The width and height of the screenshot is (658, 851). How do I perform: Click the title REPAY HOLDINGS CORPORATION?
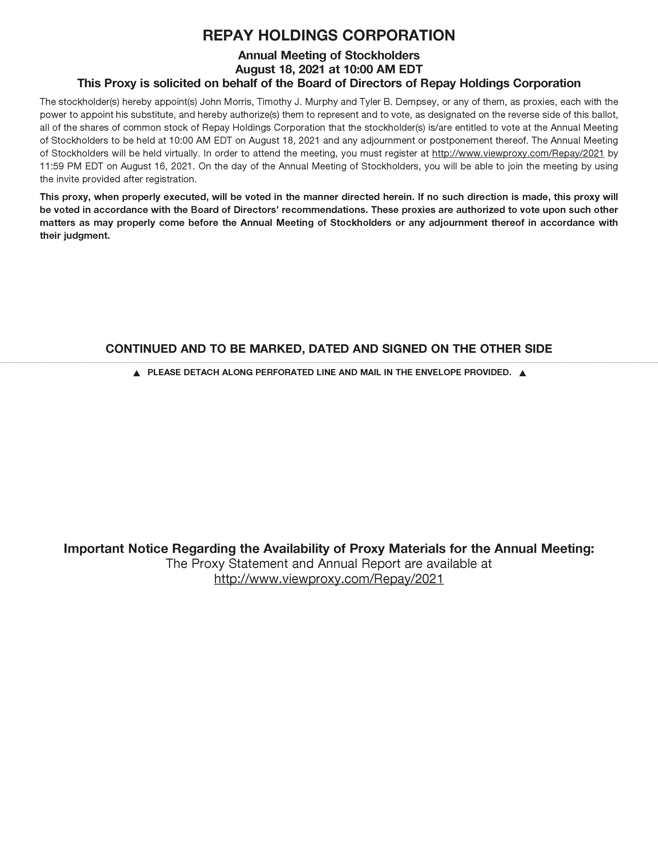click(x=328, y=36)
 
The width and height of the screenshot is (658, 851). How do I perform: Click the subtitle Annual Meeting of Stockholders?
click(x=328, y=55)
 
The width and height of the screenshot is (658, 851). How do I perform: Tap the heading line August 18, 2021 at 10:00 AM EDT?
click(x=328, y=69)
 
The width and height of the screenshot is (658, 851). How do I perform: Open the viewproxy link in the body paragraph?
click(x=518, y=153)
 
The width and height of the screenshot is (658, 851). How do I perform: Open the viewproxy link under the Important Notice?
click(x=328, y=579)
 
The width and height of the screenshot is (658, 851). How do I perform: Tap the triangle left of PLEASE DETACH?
click(x=137, y=373)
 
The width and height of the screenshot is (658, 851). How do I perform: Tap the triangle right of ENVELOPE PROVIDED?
click(x=523, y=373)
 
